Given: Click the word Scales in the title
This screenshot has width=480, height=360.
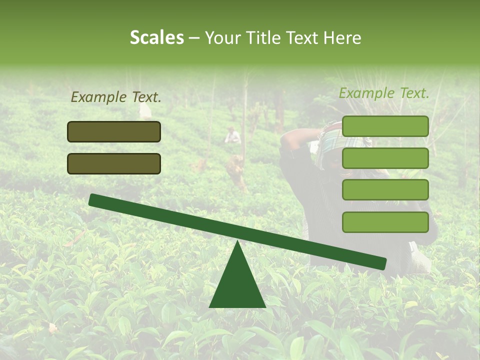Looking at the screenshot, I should click(157, 38).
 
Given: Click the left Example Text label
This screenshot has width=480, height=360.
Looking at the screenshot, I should click(115, 97).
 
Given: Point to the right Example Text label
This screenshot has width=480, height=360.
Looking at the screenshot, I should click(384, 93).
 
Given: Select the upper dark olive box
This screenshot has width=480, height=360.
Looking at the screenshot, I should click(114, 131).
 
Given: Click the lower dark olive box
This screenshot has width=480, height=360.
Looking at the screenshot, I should click(114, 163).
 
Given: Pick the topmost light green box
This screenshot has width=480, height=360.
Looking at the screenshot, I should click(385, 126).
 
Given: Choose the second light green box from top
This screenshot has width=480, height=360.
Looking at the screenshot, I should click(385, 158).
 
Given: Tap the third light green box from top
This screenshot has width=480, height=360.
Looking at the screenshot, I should click(385, 190).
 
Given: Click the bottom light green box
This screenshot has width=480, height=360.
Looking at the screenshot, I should click(385, 222).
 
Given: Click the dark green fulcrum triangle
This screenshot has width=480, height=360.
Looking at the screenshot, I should click(237, 285).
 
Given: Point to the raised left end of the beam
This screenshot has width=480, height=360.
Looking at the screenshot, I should click(94, 199).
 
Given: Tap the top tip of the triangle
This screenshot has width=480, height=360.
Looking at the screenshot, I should click(237, 241).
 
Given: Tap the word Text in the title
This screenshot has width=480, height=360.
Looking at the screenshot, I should click(302, 38).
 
